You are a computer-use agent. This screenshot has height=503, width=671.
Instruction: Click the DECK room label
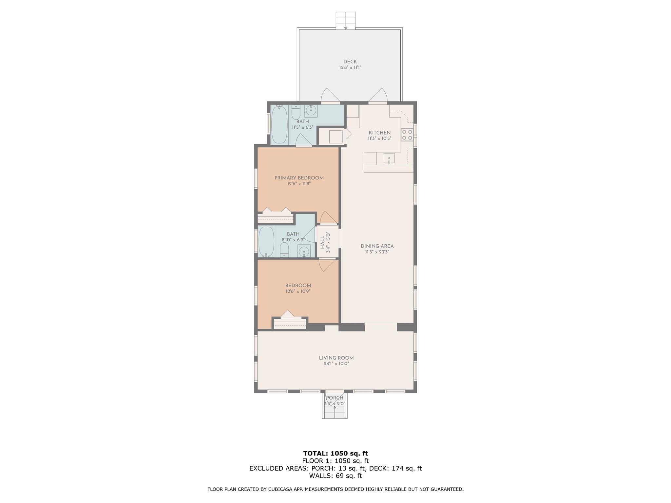[x=350, y=62]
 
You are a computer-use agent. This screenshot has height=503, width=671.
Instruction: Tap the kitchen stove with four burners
[x=407, y=135]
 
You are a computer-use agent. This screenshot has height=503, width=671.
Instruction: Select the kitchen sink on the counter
[x=389, y=158]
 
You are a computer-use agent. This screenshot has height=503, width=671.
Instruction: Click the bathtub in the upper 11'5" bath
[x=279, y=124]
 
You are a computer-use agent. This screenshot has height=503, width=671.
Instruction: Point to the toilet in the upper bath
[x=296, y=112]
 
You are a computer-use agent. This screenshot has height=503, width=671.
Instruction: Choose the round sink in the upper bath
[x=311, y=111]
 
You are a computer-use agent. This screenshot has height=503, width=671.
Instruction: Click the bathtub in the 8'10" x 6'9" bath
[x=266, y=241]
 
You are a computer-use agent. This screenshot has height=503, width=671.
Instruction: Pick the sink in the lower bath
[x=304, y=251]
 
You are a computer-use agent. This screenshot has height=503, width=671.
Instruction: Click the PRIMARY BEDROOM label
[x=299, y=178]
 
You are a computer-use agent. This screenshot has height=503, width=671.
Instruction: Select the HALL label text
[x=322, y=242]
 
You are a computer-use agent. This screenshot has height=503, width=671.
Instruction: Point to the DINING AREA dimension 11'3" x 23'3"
[x=377, y=252]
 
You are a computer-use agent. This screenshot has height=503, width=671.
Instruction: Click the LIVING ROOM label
[x=336, y=358]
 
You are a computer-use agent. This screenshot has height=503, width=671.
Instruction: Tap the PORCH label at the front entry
[x=335, y=398]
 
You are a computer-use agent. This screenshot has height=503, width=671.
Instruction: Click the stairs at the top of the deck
[x=346, y=21]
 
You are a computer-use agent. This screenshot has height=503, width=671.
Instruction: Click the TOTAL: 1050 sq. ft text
[x=335, y=453]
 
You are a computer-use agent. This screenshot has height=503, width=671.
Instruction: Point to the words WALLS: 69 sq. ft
[x=335, y=475]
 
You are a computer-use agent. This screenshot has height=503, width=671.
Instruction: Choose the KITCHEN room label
[x=380, y=133]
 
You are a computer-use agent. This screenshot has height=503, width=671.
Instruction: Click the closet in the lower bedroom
[x=290, y=323]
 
